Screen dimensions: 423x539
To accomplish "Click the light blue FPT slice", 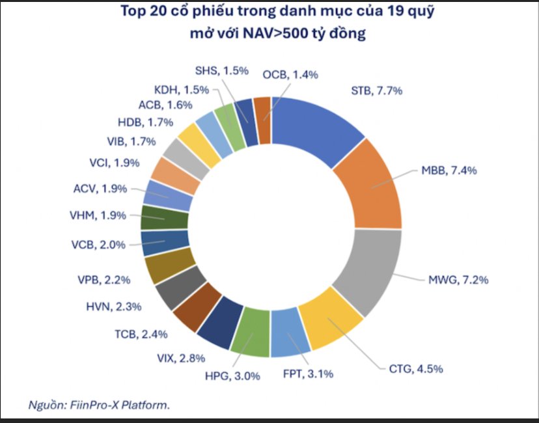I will coord(289,335).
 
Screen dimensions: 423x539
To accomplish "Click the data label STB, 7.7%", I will coord(377,91).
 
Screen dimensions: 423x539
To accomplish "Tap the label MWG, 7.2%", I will coord(458,281).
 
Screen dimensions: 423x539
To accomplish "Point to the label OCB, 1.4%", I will coord(290,74).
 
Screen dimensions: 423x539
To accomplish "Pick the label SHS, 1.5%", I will coord(221,70).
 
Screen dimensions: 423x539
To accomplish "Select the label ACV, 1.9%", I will coord(102,189).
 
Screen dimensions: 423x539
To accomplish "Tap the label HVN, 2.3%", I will coord(114,305).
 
